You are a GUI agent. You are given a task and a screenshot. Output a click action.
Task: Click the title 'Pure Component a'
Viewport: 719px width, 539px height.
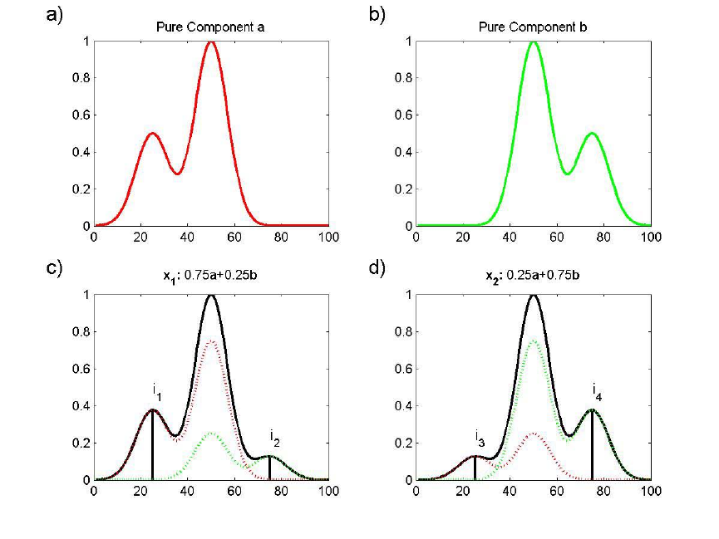tap(211, 27)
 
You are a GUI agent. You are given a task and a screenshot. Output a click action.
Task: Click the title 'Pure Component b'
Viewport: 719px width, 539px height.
tap(534, 27)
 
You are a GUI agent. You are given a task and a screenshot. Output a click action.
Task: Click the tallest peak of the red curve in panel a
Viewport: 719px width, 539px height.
tap(211, 41)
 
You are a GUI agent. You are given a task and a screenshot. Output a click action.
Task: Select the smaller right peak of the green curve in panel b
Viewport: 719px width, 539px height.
tap(592, 133)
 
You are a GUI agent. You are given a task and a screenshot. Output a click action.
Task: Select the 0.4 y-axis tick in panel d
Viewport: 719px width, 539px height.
tap(405, 406)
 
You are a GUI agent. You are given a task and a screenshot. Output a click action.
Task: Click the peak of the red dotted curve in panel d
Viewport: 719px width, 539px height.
tap(534, 433)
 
